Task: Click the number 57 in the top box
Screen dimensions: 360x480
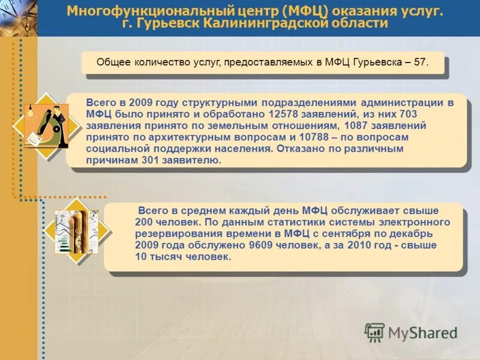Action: [x=421, y=62]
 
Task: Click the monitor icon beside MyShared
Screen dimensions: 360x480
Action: [x=374, y=332]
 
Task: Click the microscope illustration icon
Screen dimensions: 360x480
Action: [x=47, y=126]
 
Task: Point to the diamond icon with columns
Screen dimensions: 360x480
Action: [x=76, y=231]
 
